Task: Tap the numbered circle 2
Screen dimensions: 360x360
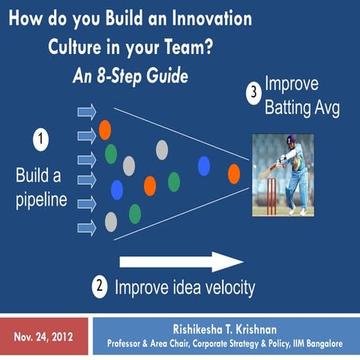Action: click(x=100, y=285)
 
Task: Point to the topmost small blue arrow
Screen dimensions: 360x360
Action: click(x=87, y=112)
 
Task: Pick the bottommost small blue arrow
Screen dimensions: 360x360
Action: click(x=87, y=226)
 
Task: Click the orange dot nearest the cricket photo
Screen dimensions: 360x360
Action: click(x=234, y=174)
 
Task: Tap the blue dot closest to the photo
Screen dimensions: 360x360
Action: click(x=203, y=165)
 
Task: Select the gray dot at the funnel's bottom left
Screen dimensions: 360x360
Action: click(x=111, y=221)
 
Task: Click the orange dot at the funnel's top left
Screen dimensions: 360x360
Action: click(x=104, y=130)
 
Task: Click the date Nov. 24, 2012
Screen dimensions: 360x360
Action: click(x=43, y=337)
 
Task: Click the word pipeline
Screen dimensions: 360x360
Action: click(x=41, y=200)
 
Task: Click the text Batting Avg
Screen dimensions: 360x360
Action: click(x=301, y=108)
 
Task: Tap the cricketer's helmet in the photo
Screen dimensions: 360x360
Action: click(x=292, y=142)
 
